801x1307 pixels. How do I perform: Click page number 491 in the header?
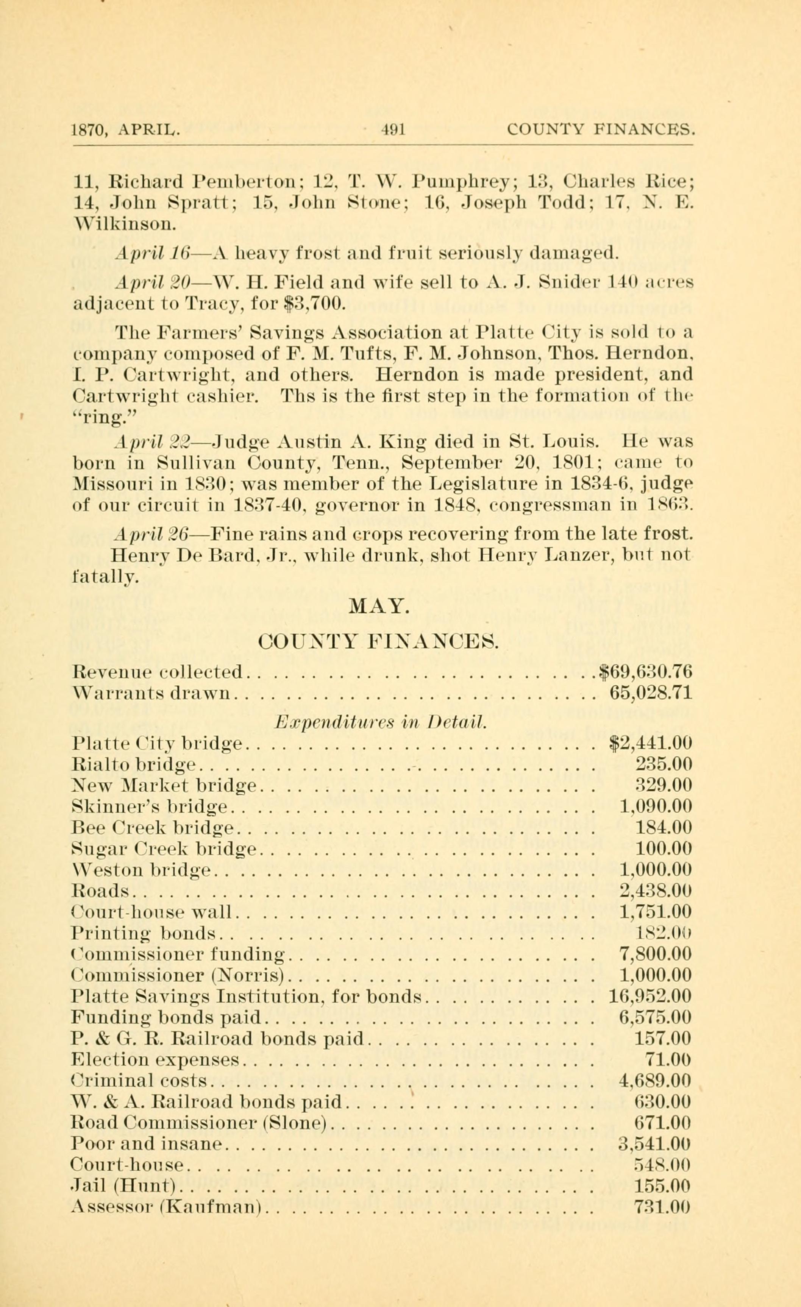coord(393,129)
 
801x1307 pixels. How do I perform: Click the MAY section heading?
coord(379,606)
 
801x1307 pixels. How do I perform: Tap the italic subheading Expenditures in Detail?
coord(379,722)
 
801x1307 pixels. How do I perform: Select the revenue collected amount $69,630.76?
coord(645,672)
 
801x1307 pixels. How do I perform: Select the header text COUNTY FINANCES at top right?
coord(600,129)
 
